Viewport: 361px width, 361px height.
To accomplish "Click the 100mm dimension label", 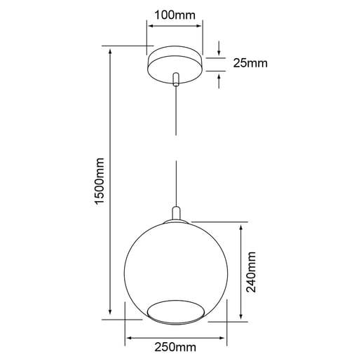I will tap(175, 13).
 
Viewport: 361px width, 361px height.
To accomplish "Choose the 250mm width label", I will tap(175, 347).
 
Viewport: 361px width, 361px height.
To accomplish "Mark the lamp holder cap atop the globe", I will tap(175, 214).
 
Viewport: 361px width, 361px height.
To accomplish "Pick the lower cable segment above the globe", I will tap(175, 182).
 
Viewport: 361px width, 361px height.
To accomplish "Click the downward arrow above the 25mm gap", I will tap(219, 50).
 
